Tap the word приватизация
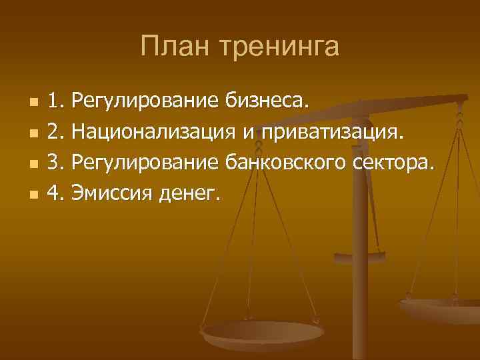coord(333,133)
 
